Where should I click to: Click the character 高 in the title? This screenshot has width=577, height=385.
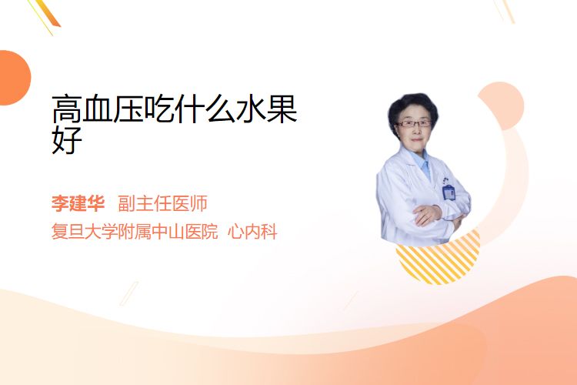pyautogui.click(x=67, y=109)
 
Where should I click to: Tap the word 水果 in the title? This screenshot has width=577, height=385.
pyautogui.click(x=266, y=109)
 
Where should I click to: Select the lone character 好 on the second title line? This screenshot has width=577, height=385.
pyautogui.click(x=67, y=139)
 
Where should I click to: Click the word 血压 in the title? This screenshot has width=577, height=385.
pyautogui.click(x=113, y=109)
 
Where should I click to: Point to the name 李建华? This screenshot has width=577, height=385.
pyautogui.click(x=78, y=203)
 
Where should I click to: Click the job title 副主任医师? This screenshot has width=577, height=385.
pyautogui.click(x=162, y=203)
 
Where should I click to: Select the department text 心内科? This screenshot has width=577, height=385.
pyautogui.click(x=252, y=232)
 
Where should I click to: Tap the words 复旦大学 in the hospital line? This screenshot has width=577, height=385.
pyautogui.click(x=85, y=232)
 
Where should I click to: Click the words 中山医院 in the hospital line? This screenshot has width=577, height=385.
pyautogui.click(x=185, y=232)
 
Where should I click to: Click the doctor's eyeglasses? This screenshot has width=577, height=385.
pyautogui.click(x=414, y=123)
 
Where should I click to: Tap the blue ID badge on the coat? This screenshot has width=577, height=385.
pyautogui.click(x=449, y=192)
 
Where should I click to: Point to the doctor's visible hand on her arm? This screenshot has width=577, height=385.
pyautogui.click(x=427, y=214)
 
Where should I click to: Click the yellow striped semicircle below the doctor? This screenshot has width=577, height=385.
pyautogui.click(x=438, y=263)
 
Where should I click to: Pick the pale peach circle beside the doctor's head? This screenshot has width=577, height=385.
pyautogui.click(x=501, y=105)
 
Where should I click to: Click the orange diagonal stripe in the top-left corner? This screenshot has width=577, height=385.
pyautogui.click(x=51, y=13)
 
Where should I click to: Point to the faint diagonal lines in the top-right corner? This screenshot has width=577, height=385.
pyautogui.click(x=505, y=11)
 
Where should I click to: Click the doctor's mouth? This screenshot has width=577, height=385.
pyautogui.click(x=416, y=139)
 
